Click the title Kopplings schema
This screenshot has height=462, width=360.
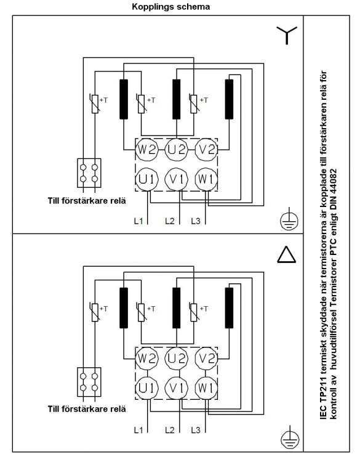[x=170, y=7]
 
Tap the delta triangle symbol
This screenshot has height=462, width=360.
[x=287, y=255]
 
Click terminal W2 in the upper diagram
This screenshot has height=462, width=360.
[x=147, y=150]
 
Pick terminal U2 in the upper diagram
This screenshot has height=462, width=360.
[x=177, y=150]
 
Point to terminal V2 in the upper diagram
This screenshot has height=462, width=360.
[x=206, y=150]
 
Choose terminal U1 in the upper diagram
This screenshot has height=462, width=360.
[x=147, y=179]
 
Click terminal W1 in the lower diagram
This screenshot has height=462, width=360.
[x=206, y=388]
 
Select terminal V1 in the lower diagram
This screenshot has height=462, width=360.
[x=177, y=388]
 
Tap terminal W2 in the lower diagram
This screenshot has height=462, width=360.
[x=147, y=359]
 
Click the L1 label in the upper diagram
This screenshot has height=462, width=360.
[x=138, y=221]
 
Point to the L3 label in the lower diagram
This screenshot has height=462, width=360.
[x=196, y=430]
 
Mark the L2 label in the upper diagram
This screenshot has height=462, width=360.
[x=170, y=221]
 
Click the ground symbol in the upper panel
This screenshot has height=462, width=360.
[x=289, y=219]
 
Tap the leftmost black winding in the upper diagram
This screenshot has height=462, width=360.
[x=124, y=99]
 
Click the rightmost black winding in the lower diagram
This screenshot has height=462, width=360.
[x=229, y=308]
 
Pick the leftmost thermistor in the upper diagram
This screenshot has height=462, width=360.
[x=95, y=103]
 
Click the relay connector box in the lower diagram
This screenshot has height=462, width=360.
[x=89, y=382]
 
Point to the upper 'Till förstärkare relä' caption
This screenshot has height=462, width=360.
[x=87, y=201]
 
